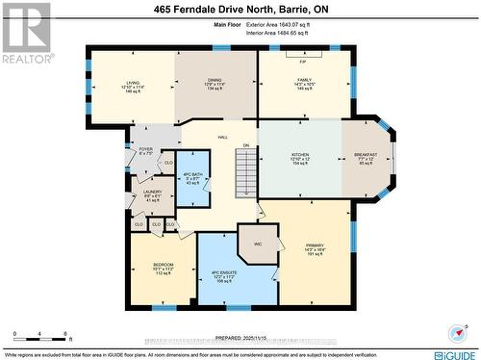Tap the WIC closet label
click(258, 244)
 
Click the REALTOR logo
click(25, 33)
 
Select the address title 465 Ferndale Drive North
click(240, 11)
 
